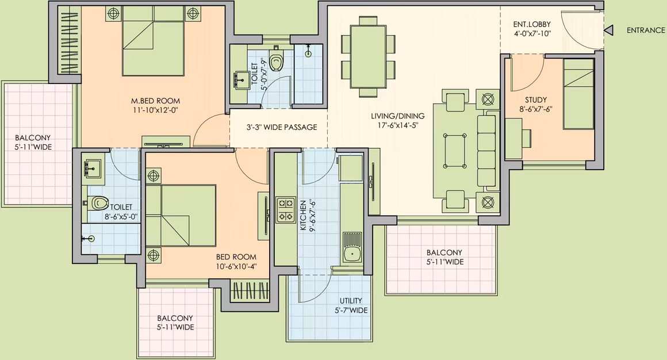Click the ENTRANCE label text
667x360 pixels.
point(646,30)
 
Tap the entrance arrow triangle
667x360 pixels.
point(609,30)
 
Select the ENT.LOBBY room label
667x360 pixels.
point(532,24)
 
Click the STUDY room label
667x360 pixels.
point(535,100)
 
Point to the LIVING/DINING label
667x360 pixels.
point(397,116)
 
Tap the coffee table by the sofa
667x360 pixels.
point(454,151)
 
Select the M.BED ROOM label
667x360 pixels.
point(155,101)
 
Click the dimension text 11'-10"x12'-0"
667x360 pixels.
point(155,110)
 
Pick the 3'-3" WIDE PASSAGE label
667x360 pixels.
point(282,127)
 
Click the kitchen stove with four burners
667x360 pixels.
point(285,209)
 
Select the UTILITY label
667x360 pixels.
point(351,300)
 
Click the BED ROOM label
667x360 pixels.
point(236,257)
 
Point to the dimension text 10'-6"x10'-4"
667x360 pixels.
point(236,267)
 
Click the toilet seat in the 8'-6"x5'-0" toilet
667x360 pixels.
point(99,202)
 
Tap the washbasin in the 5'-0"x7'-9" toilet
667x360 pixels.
point(241,80)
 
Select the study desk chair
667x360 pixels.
point(527,138)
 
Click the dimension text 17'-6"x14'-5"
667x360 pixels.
point(398,126)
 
